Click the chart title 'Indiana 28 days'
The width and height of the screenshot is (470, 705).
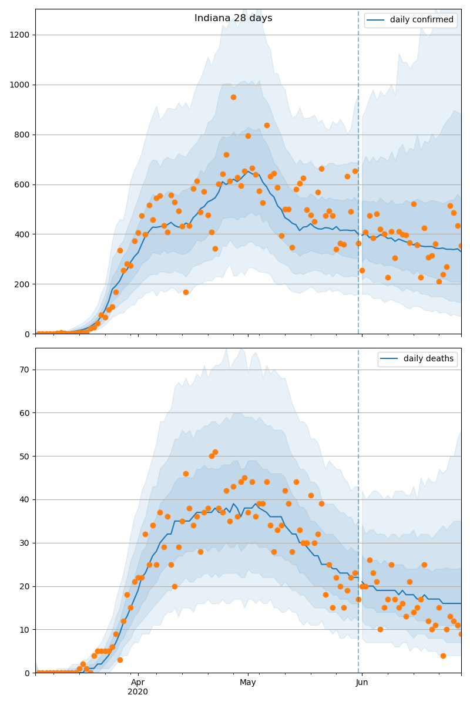tap(233, 18)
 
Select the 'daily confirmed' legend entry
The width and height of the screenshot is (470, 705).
tap(422, 20)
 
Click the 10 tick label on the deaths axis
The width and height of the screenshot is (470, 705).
tap(25, 630)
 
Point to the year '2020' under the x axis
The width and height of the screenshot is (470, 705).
tap(138, 691)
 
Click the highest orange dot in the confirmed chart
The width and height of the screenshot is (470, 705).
tap(233, 97)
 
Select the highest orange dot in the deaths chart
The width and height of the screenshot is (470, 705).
tap(215, 452)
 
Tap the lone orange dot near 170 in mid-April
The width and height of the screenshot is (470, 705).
tap(186, 292)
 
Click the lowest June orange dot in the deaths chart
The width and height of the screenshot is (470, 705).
tap(443, 656)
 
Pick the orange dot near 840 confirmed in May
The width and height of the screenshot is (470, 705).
tap(267, 125)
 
